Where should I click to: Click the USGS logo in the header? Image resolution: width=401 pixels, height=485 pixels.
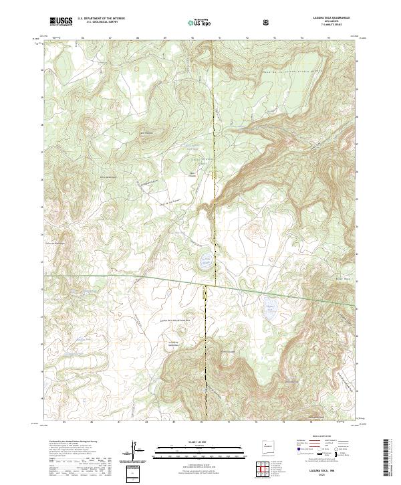[x=61, y=21]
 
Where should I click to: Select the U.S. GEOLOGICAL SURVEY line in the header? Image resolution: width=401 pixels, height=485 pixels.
[x=97, y=23]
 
